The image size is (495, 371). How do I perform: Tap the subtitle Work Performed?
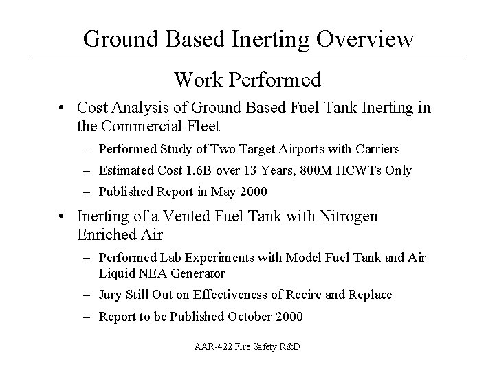247,80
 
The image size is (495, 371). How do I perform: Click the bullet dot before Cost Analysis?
63,108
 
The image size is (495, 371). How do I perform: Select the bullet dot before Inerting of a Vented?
63,217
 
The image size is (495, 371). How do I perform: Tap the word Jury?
111,295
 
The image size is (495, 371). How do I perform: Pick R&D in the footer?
288,348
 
